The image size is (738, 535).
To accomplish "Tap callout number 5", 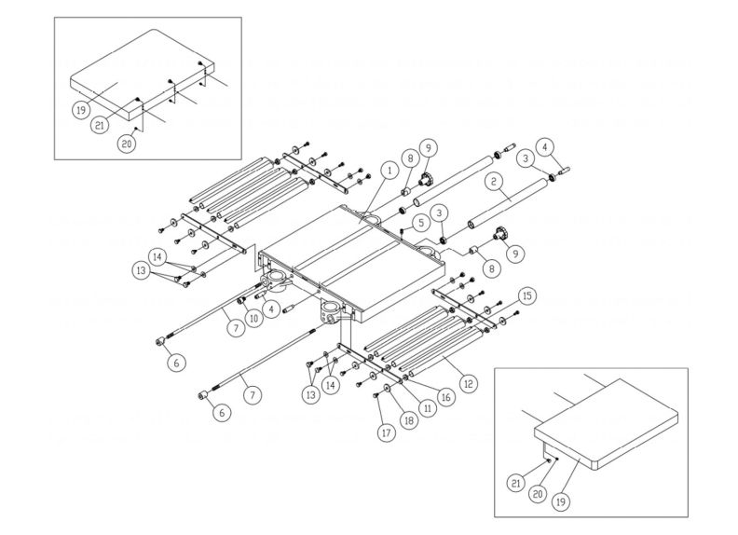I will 421,223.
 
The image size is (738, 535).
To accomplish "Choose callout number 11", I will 430,406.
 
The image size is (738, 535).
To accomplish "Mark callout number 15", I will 528,295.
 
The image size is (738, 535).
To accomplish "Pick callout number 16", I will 446,396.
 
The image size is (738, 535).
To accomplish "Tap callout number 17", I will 387,432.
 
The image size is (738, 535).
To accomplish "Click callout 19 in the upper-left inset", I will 81,108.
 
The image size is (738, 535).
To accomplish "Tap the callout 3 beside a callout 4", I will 526,159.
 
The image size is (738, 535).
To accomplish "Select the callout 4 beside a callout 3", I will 548,145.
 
